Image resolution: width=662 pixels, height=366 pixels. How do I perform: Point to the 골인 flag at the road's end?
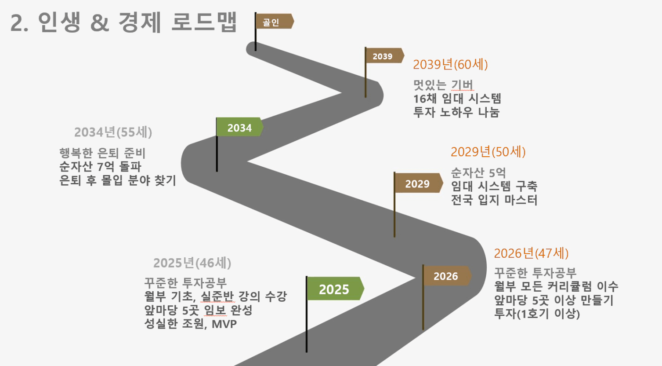(275, 21)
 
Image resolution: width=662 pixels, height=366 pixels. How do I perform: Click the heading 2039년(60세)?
(450, 65)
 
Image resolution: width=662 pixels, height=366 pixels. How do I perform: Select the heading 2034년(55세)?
(113, 132)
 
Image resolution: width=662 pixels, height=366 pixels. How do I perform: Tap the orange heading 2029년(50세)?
(488, 152)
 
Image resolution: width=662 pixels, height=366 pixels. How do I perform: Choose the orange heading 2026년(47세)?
(531, 253)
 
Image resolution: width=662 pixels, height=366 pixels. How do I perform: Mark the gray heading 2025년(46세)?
(192, 263)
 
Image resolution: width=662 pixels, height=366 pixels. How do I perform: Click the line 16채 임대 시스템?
(457, 99)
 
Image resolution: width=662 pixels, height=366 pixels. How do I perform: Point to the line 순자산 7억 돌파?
(101, 167)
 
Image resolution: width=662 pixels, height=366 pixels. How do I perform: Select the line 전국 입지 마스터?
(494, 200)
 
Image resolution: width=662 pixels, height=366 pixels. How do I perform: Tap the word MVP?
(224, 324)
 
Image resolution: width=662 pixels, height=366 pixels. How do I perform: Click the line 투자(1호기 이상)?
(537, 314)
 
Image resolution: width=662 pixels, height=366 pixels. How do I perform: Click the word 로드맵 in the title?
(204, 22)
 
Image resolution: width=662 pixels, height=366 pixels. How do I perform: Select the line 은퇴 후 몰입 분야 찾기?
(118, 180)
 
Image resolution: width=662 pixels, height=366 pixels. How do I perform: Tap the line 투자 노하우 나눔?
(456, 112)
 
